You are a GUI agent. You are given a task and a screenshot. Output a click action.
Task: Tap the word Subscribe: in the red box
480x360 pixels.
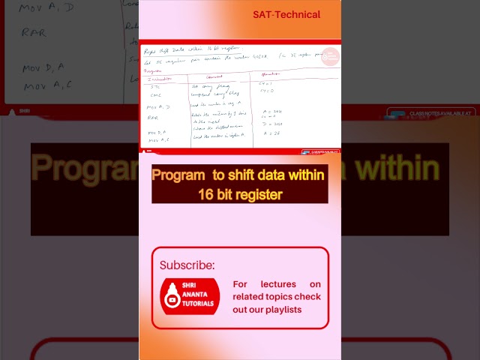187,265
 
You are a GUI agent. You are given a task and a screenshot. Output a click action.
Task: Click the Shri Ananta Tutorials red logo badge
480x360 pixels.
190,296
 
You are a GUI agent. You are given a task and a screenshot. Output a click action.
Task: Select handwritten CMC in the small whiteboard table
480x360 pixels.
156,94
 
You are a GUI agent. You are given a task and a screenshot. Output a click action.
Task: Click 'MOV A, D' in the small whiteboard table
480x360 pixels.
158,106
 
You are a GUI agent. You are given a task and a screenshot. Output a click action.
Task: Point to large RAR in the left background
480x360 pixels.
34,32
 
